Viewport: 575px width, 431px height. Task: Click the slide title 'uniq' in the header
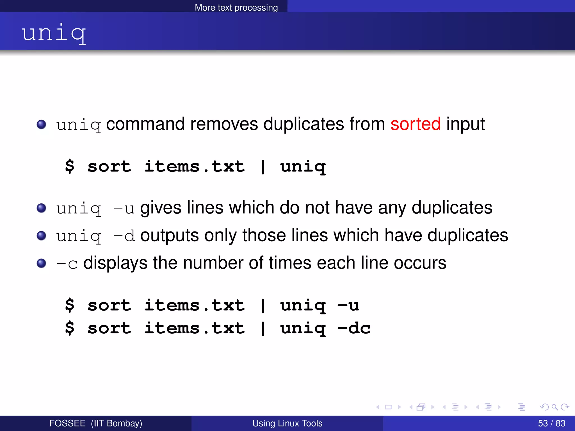[54, 33]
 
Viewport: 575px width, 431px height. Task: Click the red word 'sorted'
[416, 124]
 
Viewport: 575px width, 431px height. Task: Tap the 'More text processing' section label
[236, 7]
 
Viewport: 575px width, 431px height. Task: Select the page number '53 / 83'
[551, 423]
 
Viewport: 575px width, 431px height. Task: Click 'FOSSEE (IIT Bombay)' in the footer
[95, 423]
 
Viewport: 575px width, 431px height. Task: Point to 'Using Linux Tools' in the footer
[287, 423]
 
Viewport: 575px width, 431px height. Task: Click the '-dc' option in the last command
[354, 328]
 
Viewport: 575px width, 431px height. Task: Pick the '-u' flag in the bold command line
[348, 305]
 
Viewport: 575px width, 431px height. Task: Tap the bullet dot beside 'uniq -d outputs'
[42, 236]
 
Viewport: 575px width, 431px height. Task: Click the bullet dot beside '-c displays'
[42, 263]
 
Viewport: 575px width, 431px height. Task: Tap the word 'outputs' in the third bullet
[170, 236]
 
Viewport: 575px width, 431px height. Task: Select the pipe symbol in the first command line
[263, 167]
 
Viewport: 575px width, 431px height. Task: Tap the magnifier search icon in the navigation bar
[555, 407]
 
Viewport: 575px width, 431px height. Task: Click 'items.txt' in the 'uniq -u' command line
[194, 305]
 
